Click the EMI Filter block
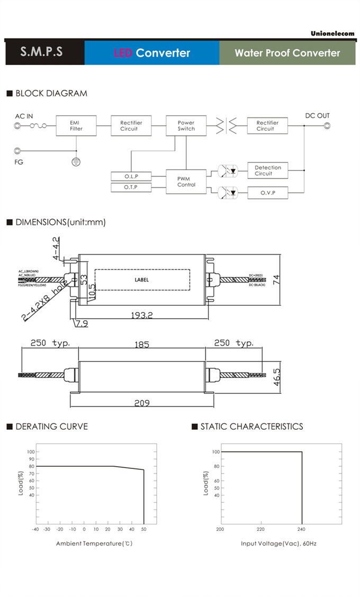pyautogui.click(x=76, y=125)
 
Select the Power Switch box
pyautogui.click(x=186, y=125)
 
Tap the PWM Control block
pyautogui.click(x=186, y=182)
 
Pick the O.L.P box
pyautogui.click(x=131, y=176)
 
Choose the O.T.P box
pyautogui.click(x=131, y=187)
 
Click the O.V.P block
pyautogui.click(x=267, y=193)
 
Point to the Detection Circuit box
pyautogui.click(x=267, y=170)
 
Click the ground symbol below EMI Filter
pyautogui.click(x=76, y=161)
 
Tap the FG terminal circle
pyautogui.click(x=18, y=151)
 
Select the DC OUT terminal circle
pyautogui.click(x=326, y=125)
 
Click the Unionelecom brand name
pyautogui.click(x=332, y=33)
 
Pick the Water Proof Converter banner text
pyautogui.click(x=287, y=53)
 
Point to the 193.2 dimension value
pyautogui.click(x=142, y=315)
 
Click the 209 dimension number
pyautogui.click(x=141, y=403)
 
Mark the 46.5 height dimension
pyautogui.click(x=276, y=377)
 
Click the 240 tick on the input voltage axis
pyautogui.click(x=302, y=529)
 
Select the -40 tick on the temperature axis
pyautogui.click(x=35, y=529)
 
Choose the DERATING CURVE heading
pyautogui.click(x=51, y=427)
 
